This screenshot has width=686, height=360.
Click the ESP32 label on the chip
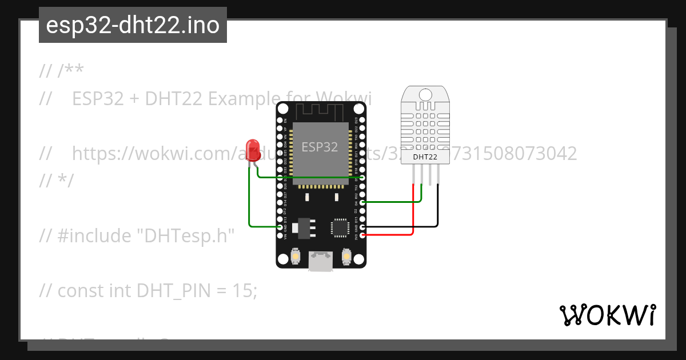pyautogui.click(x=320, y=147)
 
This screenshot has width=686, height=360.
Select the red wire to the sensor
pyautogui.click(x=413, y=211)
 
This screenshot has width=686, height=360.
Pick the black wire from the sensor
pyautogui.click(x=438, y=206)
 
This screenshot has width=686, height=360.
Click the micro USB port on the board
pyautogui.click(x=321, y=261)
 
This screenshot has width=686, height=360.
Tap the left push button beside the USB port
pyautogui.click(x=296, y=257)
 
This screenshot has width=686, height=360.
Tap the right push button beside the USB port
pyautogui.click(x=346, y=257)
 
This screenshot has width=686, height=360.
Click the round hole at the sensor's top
pyautogui.click(x=425, y=94)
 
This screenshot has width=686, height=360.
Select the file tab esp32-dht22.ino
pyautogui.click(x=133, y=25)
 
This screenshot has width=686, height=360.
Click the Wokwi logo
pyautogui.click(x=607, y=315)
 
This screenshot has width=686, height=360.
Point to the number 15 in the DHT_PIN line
pyautogui.click(x=244, y=291)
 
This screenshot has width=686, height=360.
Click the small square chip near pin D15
pyautogui.click(x=340, y=227)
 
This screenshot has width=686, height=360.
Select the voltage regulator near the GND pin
pyautogui.click(x=302, y=227)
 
